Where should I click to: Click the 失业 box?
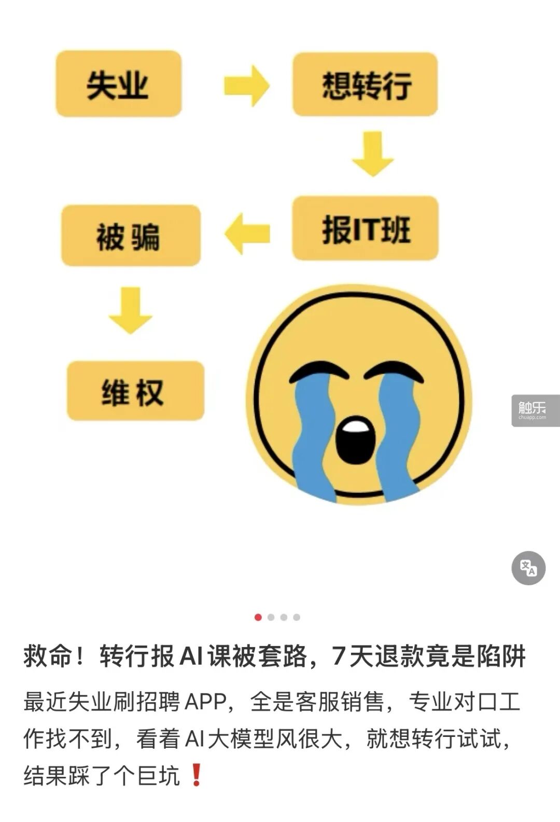(119, 84)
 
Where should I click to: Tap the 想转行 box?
(365, 84)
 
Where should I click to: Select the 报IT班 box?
(365, 228)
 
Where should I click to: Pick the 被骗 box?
(131, 235)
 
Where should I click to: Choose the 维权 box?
(135, 391)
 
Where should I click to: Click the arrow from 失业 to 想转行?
(246, 86)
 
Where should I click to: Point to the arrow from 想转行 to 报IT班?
(373, 154)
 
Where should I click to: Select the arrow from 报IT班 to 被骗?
(247, 234)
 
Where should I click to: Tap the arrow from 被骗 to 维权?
(130, 310)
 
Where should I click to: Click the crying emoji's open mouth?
(355, 440)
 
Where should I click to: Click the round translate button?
(528, 568)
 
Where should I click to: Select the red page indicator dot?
(258, 617)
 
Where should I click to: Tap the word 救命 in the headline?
(47, 656)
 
